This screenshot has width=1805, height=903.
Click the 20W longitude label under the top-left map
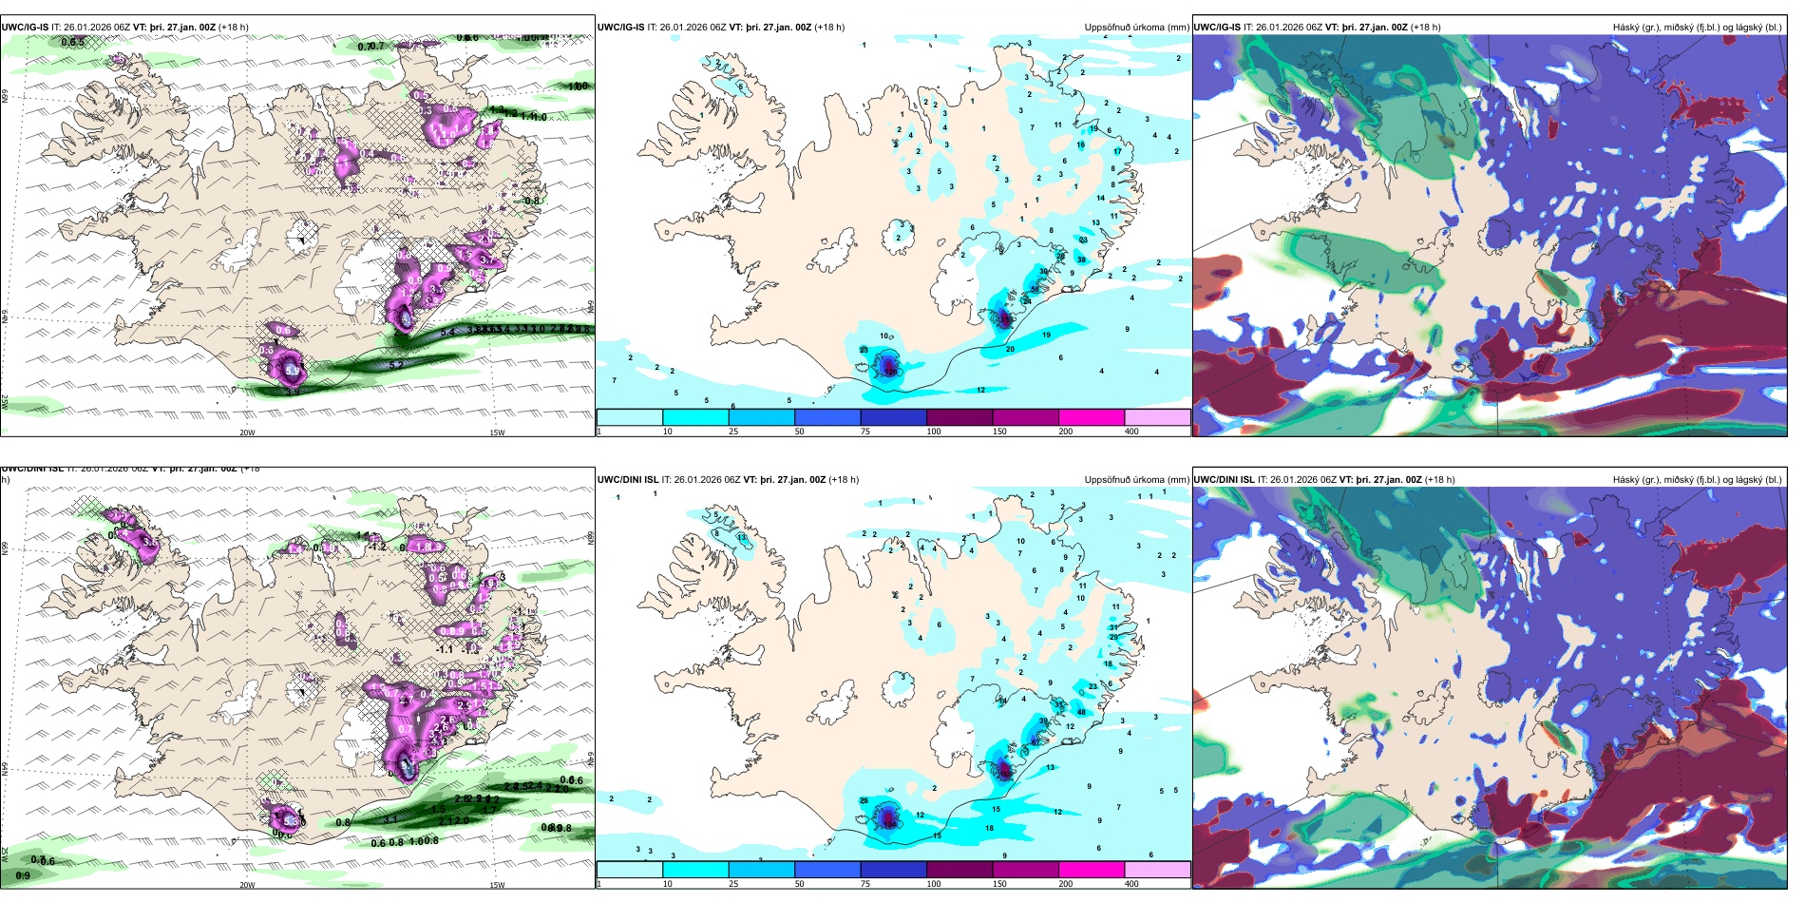(x=247, y=432)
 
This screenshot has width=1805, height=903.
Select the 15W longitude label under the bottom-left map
(x=497, y=885)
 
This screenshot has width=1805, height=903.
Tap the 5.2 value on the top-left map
(x=397, y=365)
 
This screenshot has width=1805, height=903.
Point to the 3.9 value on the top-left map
(x=293, y=391)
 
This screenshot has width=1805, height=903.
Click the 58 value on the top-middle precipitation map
(x=1035, y=289)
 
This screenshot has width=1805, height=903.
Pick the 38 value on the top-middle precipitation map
(x=1081, y=259)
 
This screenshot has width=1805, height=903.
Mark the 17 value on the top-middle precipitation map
(x=1117, y=151)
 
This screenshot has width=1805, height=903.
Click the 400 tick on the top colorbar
(x=1131, y=432)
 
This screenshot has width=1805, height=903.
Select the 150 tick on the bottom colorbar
(x=999, y=884)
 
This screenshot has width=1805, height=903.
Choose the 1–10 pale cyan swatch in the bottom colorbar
(x=629, y=870)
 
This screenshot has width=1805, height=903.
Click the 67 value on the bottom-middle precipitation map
(x=1035, y=741)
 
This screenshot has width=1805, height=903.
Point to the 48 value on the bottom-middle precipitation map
(x=1081, y=712)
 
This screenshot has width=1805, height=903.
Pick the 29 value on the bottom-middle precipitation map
(x=1113, y=637)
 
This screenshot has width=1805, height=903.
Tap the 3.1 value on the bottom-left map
(x=390, y=818)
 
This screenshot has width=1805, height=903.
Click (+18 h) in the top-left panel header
(x=234, y=28)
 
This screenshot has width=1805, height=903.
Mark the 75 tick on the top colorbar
(x=865, y=432)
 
